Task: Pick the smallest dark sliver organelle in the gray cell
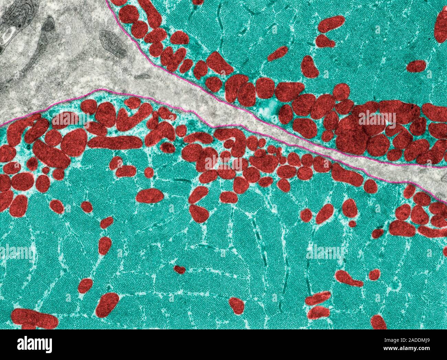(x=142, y=76)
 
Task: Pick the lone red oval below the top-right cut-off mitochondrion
(x=417, y=67)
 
